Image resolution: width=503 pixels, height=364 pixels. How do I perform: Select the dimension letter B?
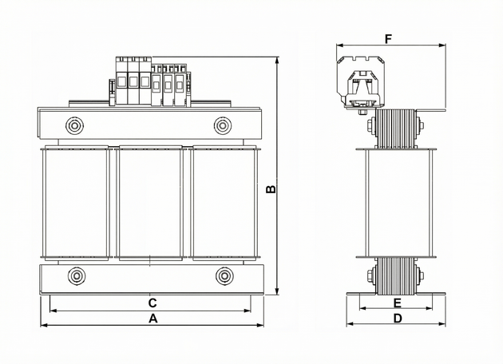(271, 190)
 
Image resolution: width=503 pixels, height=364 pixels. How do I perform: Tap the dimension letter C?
(152, 303)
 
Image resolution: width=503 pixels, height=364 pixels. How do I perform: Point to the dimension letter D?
(398, 318)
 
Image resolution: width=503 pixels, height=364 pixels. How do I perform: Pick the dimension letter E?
(397, 303)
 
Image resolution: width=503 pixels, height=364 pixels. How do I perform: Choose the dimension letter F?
(389, 38)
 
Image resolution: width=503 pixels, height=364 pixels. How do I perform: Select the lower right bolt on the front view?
(224, 276)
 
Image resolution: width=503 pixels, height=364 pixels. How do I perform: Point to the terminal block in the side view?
(361, 83)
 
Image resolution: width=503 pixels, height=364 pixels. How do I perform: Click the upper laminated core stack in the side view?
(396, 127)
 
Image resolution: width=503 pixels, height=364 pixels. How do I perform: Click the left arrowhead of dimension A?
(42, 325)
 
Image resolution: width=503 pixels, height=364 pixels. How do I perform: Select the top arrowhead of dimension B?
(277, 60)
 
